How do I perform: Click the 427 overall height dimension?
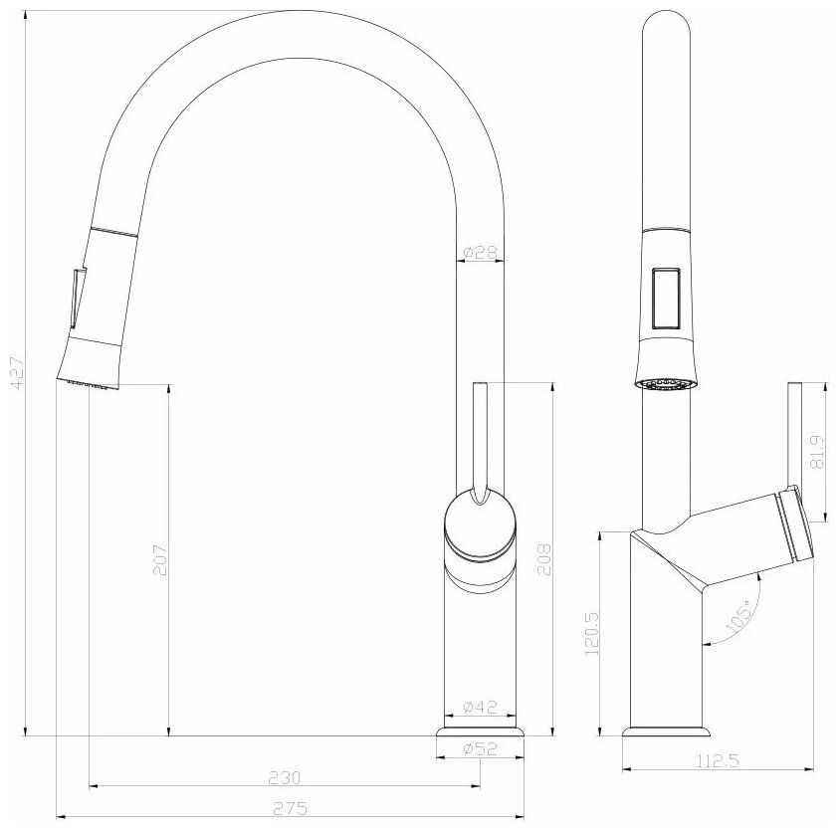(18, 372)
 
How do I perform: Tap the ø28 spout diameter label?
(481, 252)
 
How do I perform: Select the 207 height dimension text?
(160, 560)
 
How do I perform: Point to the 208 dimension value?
(544, 560)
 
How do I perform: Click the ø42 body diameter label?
(481, 708)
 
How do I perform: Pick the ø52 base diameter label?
(481, 748)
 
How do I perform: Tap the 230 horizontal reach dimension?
(285, 777)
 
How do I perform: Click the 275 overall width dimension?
(291, 808)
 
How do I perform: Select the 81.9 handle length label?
(817, 452)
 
